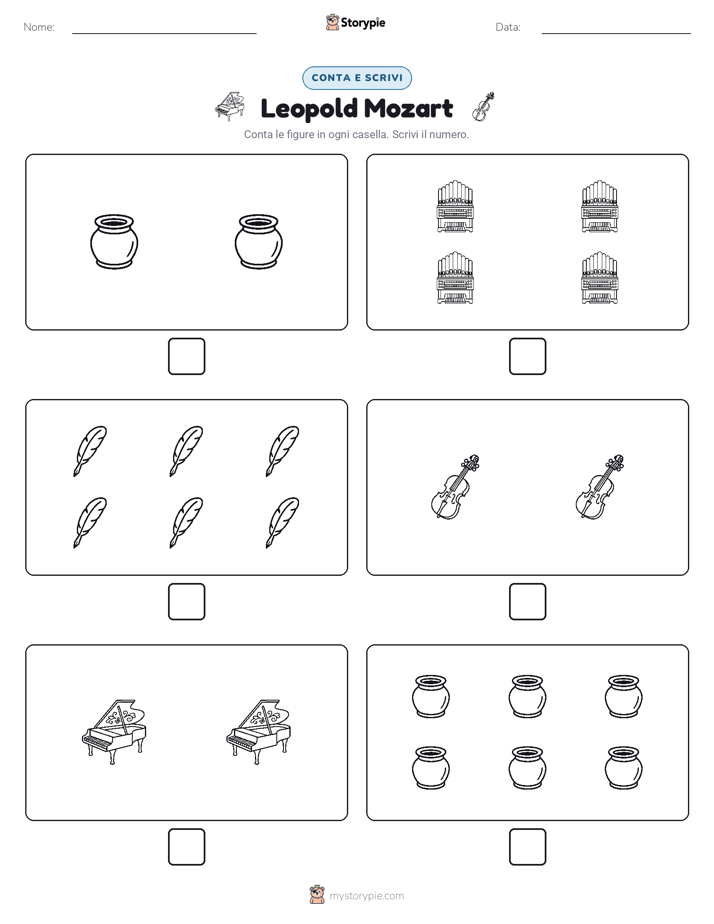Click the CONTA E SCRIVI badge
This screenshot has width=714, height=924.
tap(356, 78)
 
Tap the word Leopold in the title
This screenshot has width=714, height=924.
tap(309, 108)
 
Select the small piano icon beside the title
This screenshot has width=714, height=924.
tap(230, 106)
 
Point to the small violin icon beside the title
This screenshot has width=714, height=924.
tap(483, 107)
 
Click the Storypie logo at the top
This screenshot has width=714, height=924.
tap(355, 22)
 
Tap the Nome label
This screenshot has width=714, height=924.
tap(39, 27)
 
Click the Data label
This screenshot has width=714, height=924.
tap(508, 27)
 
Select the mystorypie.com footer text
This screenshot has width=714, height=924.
tap(366, 896)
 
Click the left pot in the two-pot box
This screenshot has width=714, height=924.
tap(114, 242)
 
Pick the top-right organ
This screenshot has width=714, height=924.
tap(599, 206)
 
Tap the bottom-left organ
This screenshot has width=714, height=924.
tap(455, 278)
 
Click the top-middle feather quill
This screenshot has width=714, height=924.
tap(186, 451)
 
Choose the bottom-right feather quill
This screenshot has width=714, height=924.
tap(282, 523)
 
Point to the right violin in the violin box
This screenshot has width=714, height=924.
tap(599, 487)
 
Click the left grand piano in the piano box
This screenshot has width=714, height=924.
tap(114, 732)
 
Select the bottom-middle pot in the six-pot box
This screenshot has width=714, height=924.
tap(527, 768)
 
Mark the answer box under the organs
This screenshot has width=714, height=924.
tap(527, 357)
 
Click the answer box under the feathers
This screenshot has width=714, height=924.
tap(186, 602)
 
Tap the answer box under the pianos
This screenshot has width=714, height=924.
tap(186, 847)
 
